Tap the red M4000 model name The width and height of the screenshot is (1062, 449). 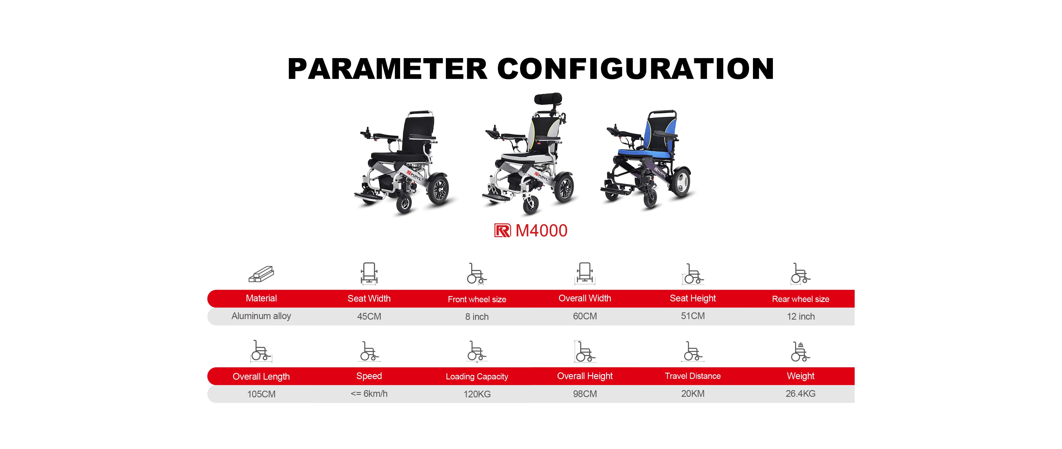coord(541,231)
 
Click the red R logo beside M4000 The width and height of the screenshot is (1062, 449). coord(502,231)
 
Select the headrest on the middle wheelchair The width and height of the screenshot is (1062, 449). coord(548,99)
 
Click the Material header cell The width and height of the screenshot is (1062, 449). coord(261,298)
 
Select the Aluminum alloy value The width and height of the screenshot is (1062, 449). coord(261,316)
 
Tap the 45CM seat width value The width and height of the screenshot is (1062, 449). coord(369,316)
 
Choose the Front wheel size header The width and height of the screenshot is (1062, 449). coord(477,299)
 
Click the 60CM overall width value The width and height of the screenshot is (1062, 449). coord(585,316)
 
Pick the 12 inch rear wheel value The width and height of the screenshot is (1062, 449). coord(801,316)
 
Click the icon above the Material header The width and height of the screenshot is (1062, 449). coord(261,274)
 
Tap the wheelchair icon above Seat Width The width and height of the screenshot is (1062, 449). coord(369,274)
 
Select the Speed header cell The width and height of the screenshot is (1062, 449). coord(369,376)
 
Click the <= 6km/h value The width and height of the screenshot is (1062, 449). coord(369,393)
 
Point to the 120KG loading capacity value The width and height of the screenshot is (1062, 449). coord(477,394)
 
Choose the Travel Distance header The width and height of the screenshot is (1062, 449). coord(693,376)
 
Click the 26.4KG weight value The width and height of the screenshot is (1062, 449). coord(801,393)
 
